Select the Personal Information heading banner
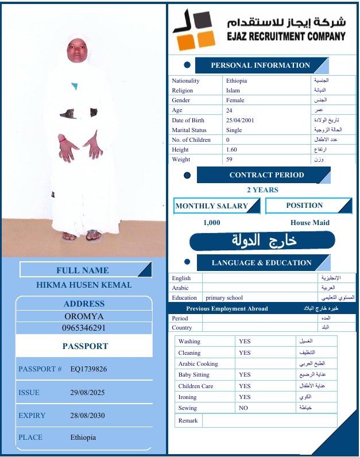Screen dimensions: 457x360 click(260, 65)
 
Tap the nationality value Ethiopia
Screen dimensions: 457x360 click(237, 81)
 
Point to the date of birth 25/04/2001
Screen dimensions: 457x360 click(240, 121)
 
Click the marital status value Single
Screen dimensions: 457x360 click(234, 130)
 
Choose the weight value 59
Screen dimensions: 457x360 click(230, 160)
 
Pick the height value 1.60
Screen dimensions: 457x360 click(231, 150)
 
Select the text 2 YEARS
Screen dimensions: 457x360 click(262, 190)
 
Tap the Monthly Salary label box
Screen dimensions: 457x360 click(212, 206)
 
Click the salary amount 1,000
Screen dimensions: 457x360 click(212, 223)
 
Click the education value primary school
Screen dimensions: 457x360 click(224, 298)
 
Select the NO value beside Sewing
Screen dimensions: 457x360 click(243, 408)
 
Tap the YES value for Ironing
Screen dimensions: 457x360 click(245, 397)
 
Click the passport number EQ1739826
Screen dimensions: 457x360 click(88, 369)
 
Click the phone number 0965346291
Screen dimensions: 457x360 click(84, 328)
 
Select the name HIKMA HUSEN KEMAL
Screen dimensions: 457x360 click(84, 285)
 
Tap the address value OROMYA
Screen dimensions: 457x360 click(84, 316)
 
